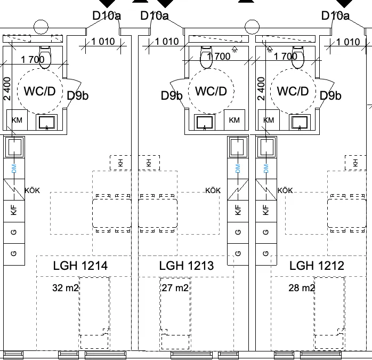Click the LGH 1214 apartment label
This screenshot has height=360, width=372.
[x=80, y=266]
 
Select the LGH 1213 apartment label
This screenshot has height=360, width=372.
[x=186, y=266]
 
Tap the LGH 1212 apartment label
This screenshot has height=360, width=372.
[x=317, y=266]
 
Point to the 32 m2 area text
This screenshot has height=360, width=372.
[x=65, y=288]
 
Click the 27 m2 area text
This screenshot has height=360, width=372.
[x=175, y=288]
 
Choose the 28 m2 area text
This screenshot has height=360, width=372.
[x=302, y=288]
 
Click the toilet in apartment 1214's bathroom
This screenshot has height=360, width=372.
[x=45, y=57]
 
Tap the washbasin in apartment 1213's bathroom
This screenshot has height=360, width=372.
[x=205, y=122]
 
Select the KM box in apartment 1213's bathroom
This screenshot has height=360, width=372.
[x=234, y=120]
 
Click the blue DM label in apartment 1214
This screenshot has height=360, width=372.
[x=14, y=169]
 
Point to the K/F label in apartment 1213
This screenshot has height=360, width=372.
[x=238, y=210]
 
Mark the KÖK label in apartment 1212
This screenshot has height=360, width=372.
[x=285, y=190]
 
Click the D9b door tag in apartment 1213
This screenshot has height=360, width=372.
[x=172, y=95]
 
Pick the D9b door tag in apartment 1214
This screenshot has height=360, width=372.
[x=78, y=95]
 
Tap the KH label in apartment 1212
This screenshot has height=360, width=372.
[x=355, y=163]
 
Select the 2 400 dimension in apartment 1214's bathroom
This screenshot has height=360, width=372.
[x=7, y=89]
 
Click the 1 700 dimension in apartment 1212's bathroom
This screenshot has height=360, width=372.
[x=286, y=57]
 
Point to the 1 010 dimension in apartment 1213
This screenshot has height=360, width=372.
[x=167, y=42]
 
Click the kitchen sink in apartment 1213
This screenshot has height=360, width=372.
[x=238, y=147]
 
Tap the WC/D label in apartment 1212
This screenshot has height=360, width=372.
[x=293, y=91]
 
